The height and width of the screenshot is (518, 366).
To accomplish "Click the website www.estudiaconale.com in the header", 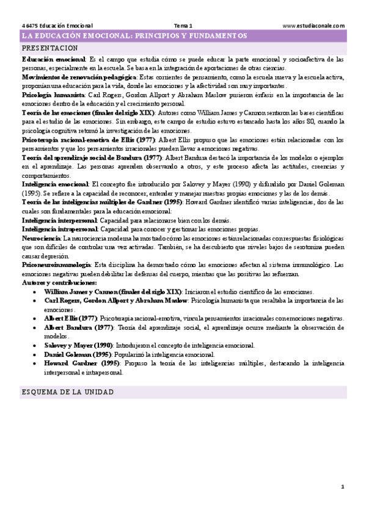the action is [x=314, y=26].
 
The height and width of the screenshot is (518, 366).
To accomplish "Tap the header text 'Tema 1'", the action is [x=183, y=26].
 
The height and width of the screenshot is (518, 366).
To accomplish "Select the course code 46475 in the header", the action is [x=28, y=26].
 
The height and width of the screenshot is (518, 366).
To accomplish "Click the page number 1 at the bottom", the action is [x=343, y=486].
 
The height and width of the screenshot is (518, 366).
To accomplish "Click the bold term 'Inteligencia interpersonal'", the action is [x=59, y=219].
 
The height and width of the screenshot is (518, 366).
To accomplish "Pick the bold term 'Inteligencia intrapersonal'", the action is [x=59, y=228].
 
